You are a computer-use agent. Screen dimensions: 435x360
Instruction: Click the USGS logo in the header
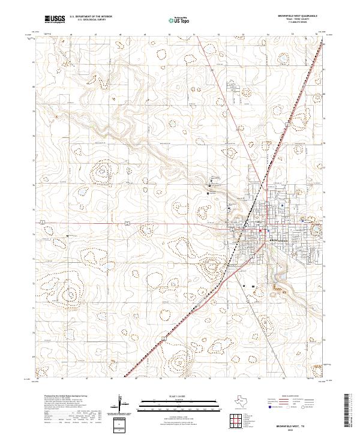pos(55,19)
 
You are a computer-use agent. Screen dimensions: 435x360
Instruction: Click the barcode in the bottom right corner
pos(350,411)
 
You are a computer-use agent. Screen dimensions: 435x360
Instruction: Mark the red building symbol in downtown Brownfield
pos(260,230)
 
